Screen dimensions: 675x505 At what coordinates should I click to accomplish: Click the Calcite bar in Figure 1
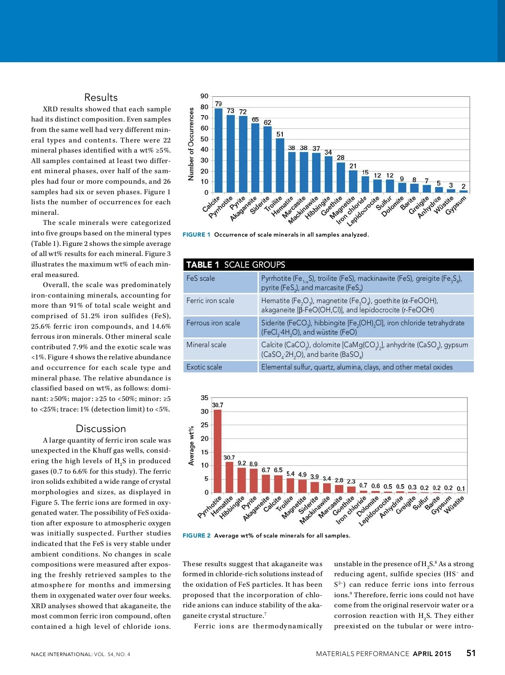tap(218, 150)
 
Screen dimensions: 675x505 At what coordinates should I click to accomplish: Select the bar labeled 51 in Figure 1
tap(280, 165)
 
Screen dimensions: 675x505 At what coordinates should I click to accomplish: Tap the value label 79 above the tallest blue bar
tap(218, 104)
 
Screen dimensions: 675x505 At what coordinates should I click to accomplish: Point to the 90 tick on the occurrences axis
tap(205, 96)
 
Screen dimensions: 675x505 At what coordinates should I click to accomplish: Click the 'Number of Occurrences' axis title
tap(191, 144)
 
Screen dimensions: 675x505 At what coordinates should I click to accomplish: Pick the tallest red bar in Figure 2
tap(218, 451)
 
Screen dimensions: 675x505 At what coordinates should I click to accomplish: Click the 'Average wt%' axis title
tap(191, 446)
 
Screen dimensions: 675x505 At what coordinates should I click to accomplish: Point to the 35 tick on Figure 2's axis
tap(205, 398)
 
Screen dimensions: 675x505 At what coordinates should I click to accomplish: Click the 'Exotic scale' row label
tap(204, 367)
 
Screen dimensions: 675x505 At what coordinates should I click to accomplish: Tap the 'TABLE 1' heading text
tap(202, 265)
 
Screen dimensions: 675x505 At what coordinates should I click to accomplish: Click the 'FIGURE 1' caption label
tap(196, 235)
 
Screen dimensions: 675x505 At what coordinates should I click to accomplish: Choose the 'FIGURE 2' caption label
tap(196, 535)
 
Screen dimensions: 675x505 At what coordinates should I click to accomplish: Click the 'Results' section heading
tap(101, 98)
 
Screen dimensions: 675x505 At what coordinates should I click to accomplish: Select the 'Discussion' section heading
tap(101, 429)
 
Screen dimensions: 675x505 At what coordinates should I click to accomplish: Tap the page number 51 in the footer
tap(471, 653)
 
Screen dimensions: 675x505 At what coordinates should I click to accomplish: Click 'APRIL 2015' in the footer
tap(432, 654)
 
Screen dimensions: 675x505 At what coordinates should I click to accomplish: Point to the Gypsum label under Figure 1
tap(456, 206)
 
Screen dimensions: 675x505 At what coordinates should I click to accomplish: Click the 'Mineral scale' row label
tap(206, 345)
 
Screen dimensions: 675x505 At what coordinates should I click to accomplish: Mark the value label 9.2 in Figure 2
tap(242, 463)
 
